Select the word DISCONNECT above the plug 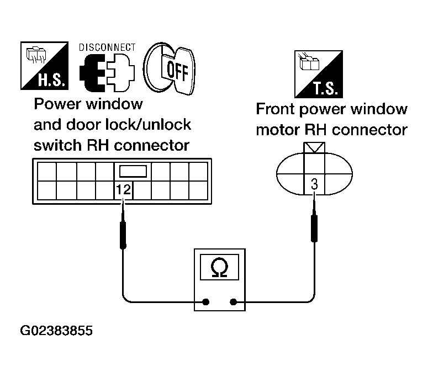click(x=107, y=47)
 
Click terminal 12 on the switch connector click(x=123, y=190)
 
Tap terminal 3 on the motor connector click(x=314, y=185)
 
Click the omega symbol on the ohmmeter click(x=219, y=268)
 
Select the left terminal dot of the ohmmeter click(x=206, y=302)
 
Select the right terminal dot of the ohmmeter click(x=234, y=302)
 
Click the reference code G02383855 click(x=57, y=331)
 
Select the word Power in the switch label click(x=55, y=104)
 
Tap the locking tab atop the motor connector click(x=314, y=147)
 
